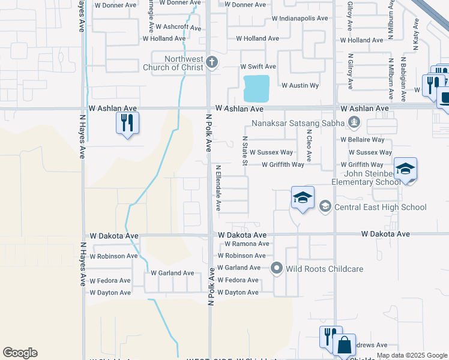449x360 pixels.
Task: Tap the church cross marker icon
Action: [211, 62]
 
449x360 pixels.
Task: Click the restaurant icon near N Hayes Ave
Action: [127, 124]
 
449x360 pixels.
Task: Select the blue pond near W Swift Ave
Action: [256, 88]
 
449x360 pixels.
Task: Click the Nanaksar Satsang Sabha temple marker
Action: [354, 124]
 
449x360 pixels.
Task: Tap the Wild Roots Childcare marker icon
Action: [277, 268]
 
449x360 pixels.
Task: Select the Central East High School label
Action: [381, 208]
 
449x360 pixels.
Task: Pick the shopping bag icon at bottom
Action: [344, 345]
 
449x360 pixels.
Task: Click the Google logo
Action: [20, 353]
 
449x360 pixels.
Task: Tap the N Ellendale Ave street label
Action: [218, 188]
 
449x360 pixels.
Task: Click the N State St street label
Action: [245, 150]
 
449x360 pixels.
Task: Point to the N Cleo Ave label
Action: [309, 145]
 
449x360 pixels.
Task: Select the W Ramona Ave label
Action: [247, 244]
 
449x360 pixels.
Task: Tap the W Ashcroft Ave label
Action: [178, 27]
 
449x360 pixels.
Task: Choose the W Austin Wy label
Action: [300, 86]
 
